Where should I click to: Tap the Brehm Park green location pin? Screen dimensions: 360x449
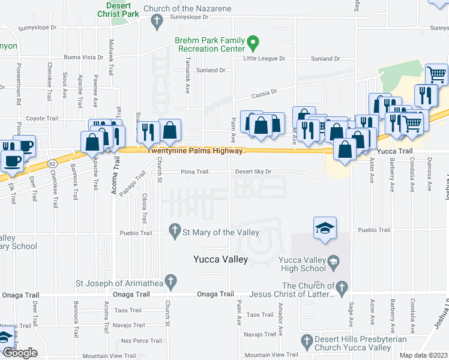click(x=253, y=44)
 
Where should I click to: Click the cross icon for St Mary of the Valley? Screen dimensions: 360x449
click(x=175, y=231)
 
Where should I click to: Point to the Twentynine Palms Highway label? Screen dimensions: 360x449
click(x=195, y=151)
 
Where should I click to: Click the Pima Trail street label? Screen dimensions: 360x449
click(x=195, y=172)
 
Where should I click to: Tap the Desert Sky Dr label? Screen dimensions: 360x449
click(x=253, y=172)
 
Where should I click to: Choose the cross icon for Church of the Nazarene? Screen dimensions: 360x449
click(x=157, y=22)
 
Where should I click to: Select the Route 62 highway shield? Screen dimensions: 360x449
click(x=53, y=162)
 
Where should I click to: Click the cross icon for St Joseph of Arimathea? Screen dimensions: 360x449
click(x=170, y=281)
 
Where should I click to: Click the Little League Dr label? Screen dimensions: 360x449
click(x=265, y=59)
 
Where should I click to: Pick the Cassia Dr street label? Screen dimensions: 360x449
click(x=264, y=92)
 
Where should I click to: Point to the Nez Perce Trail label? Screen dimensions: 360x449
click(x=142, y=340)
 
